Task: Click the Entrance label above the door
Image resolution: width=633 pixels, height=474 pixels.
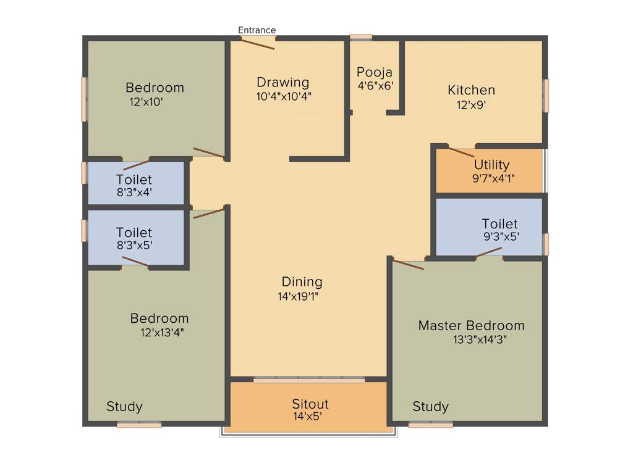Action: (x=257, y=30)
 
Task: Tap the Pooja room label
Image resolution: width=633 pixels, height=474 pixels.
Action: (x=375, y=72)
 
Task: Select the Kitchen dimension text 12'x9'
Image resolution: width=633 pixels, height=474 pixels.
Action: (x=471, y=105)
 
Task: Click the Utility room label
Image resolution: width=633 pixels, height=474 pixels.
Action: (x=492, y=165)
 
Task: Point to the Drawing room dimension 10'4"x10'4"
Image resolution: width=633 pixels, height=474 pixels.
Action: (x=284, y=96)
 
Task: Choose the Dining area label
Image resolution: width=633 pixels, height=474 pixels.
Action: (x=302, y=282)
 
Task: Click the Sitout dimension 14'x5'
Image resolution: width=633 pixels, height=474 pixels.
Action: (x=308, y=417)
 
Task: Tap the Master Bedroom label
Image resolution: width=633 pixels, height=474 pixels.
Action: (x=471, y=325)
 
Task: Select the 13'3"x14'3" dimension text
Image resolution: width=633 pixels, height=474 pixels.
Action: (x=480, y=339)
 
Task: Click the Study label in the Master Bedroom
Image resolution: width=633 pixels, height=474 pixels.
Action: (x=431, y=407)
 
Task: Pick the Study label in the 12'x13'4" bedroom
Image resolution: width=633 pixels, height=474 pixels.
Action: (x=124, y=407)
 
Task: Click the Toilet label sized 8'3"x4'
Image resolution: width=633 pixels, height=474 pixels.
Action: (x=134, y=180)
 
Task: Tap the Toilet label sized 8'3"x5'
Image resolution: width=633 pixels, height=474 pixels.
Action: (x=134, y=233)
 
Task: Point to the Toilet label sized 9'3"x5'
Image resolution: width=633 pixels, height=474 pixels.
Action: (x=499, y=223)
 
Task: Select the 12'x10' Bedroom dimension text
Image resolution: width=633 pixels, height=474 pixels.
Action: (x=146, y=102)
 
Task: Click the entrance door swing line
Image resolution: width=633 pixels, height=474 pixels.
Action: (x=258, y=44)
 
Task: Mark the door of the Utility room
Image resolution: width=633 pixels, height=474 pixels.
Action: (x=461, y=152)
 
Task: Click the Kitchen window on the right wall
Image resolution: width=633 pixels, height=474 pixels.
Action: (x=546, y=96)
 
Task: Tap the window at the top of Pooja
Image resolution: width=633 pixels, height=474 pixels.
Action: (x=361, y=37)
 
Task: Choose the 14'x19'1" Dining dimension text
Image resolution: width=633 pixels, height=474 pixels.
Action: (x=299, y=296)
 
